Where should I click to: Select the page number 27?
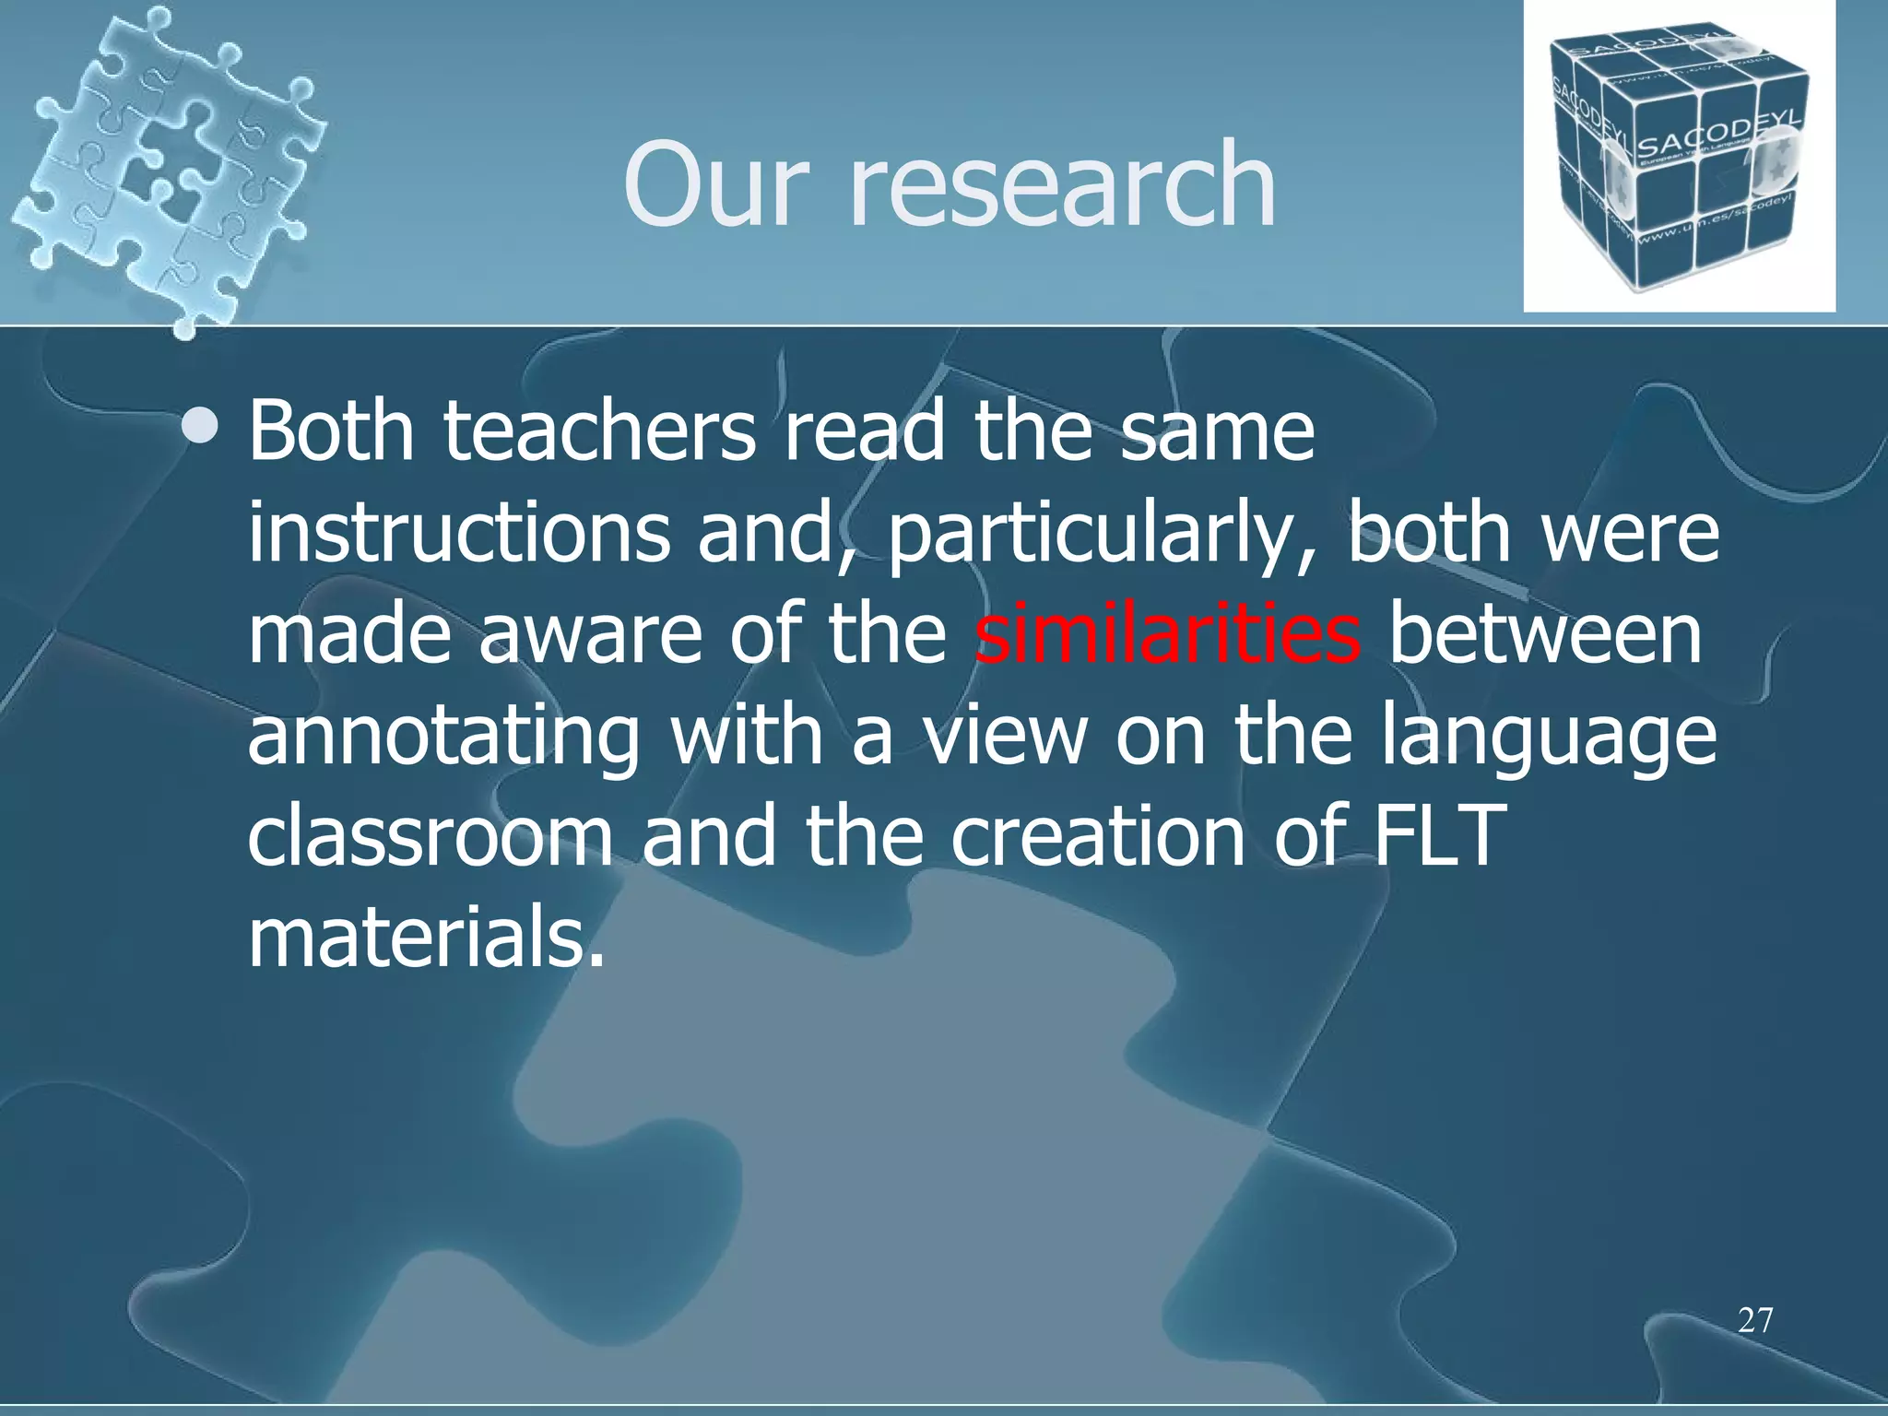pyautogui.click(x=1754, y=1320)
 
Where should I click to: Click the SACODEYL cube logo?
pyautogui.click(x=1679, y=157)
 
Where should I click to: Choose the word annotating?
pyautogui.click(x=443, y=737)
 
